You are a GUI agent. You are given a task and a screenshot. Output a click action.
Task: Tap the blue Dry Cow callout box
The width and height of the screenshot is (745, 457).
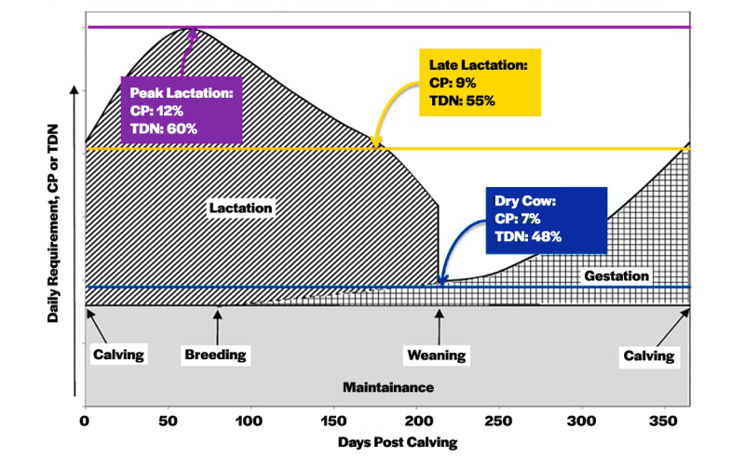pos(545,219)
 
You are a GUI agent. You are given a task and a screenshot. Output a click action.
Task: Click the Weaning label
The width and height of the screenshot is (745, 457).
pos(437,356)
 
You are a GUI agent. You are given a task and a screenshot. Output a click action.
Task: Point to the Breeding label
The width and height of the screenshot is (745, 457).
pos(215,355)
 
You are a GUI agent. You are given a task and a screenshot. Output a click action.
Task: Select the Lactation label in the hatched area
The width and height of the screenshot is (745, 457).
pos(240,208)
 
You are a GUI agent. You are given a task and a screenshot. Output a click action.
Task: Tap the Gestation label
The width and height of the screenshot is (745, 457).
pos(616,276)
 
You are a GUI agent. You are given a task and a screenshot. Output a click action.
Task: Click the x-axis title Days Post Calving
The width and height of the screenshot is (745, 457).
pos(386,442)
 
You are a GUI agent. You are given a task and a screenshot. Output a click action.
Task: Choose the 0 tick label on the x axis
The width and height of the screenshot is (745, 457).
pos(85,420)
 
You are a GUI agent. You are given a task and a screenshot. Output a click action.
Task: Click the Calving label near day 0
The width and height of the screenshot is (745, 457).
pos(118,355)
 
